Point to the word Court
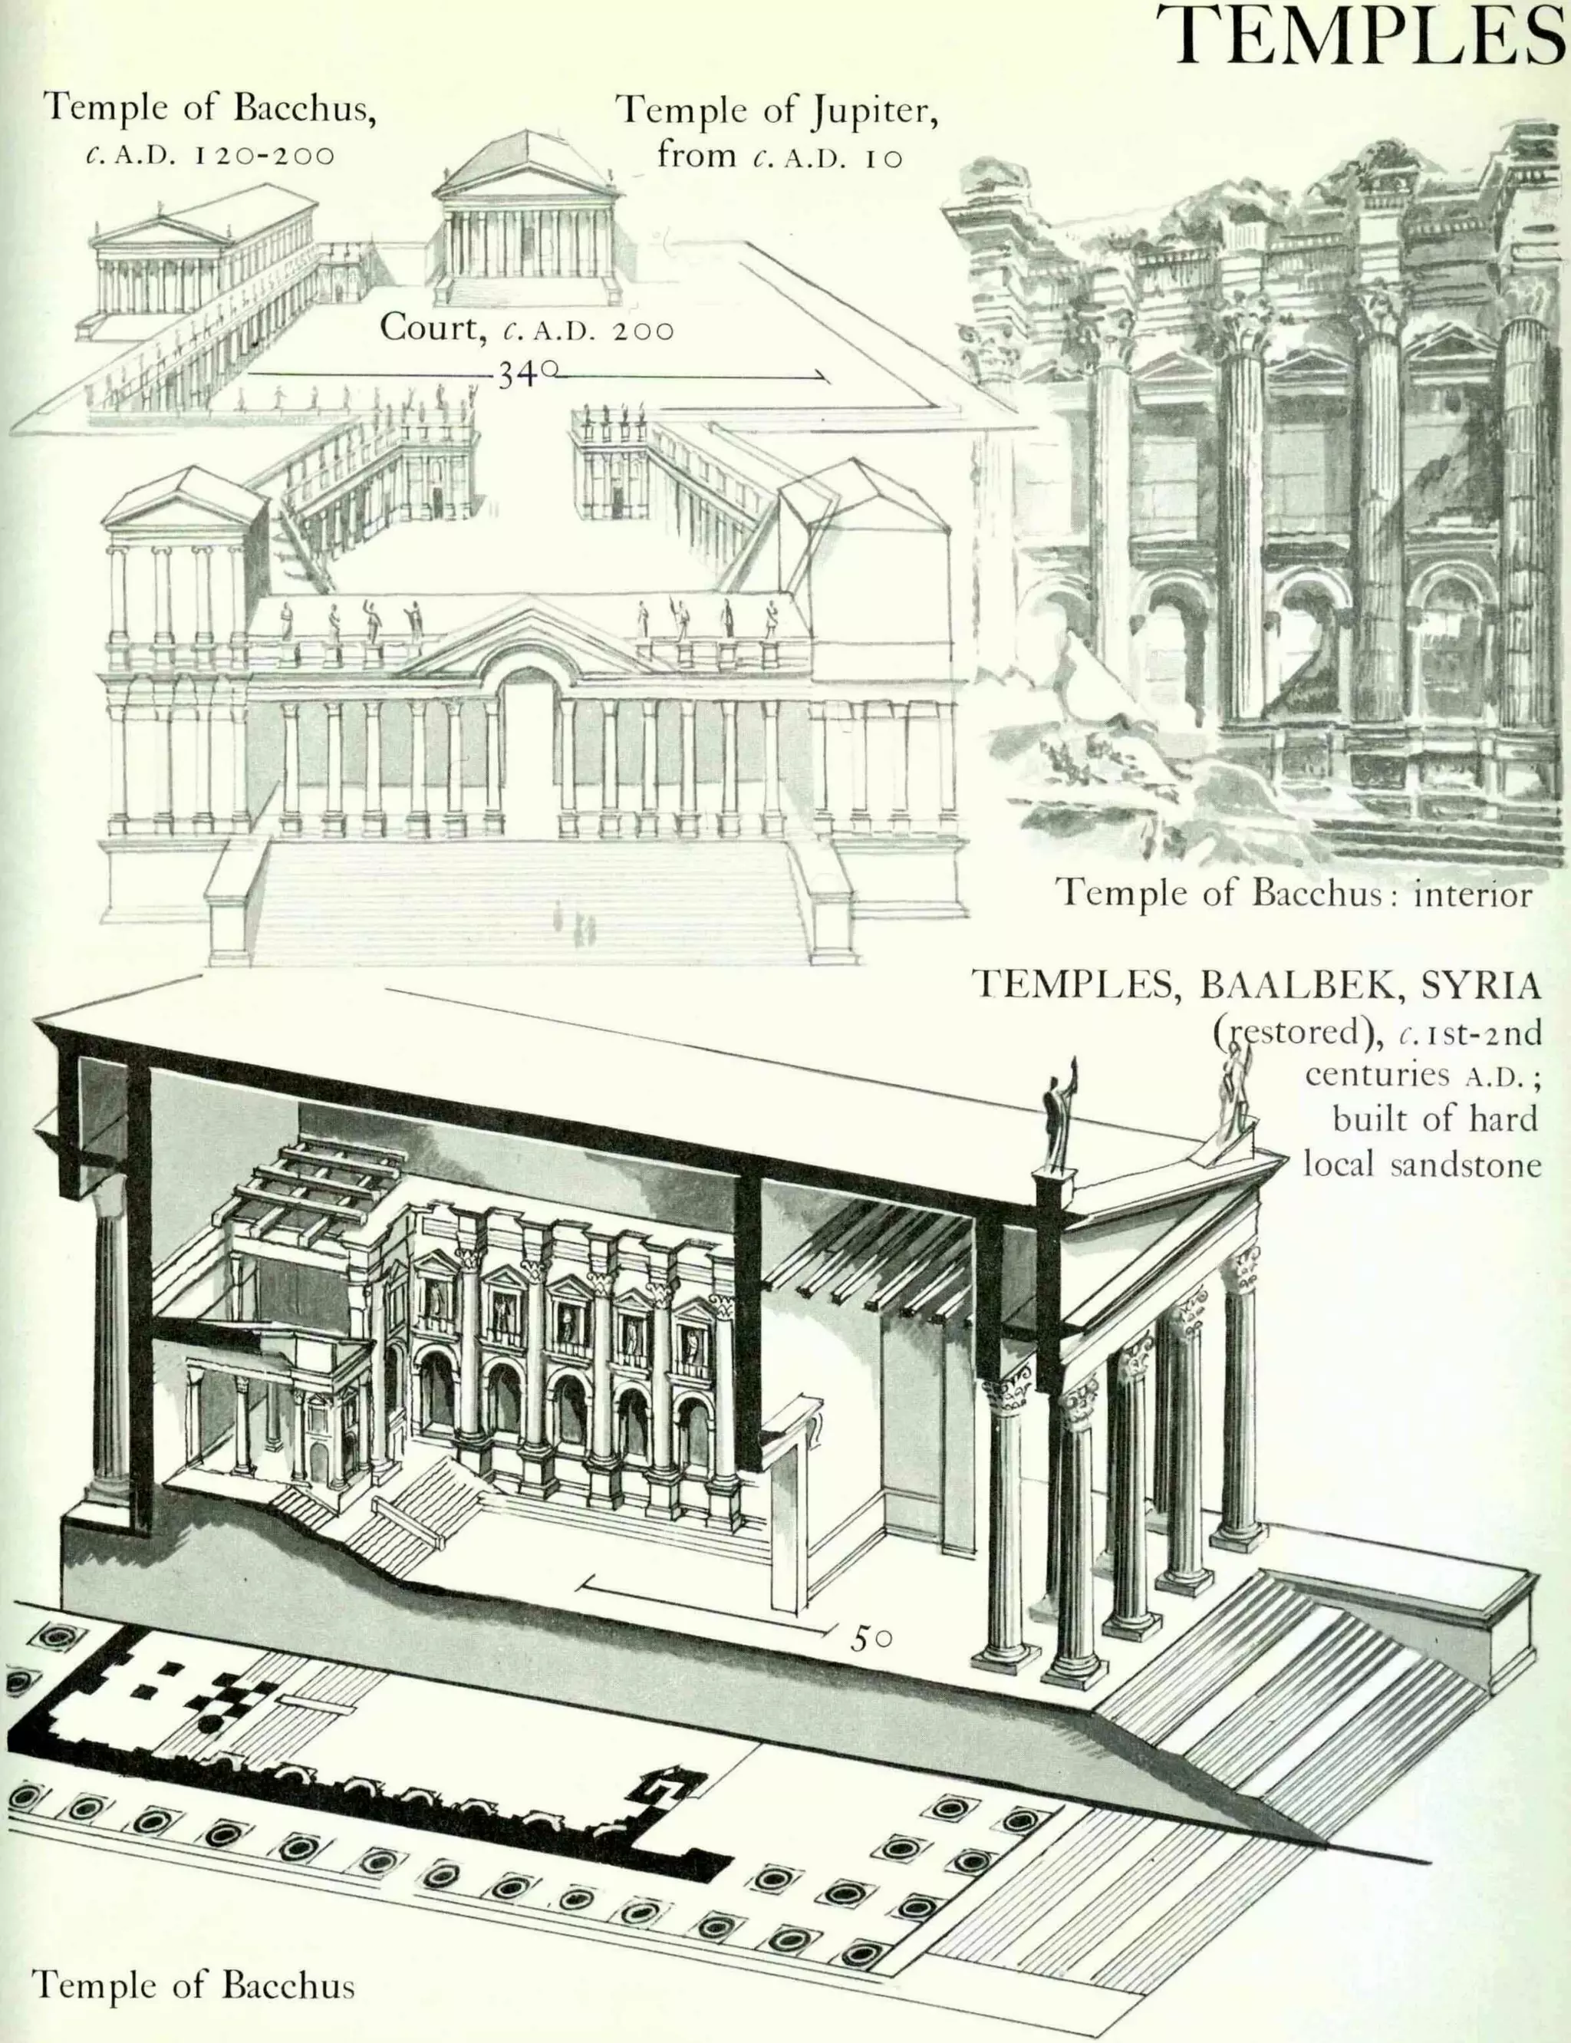pos(424,328)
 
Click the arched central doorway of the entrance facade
pos(526,748)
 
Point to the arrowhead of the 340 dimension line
pos(824,377)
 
